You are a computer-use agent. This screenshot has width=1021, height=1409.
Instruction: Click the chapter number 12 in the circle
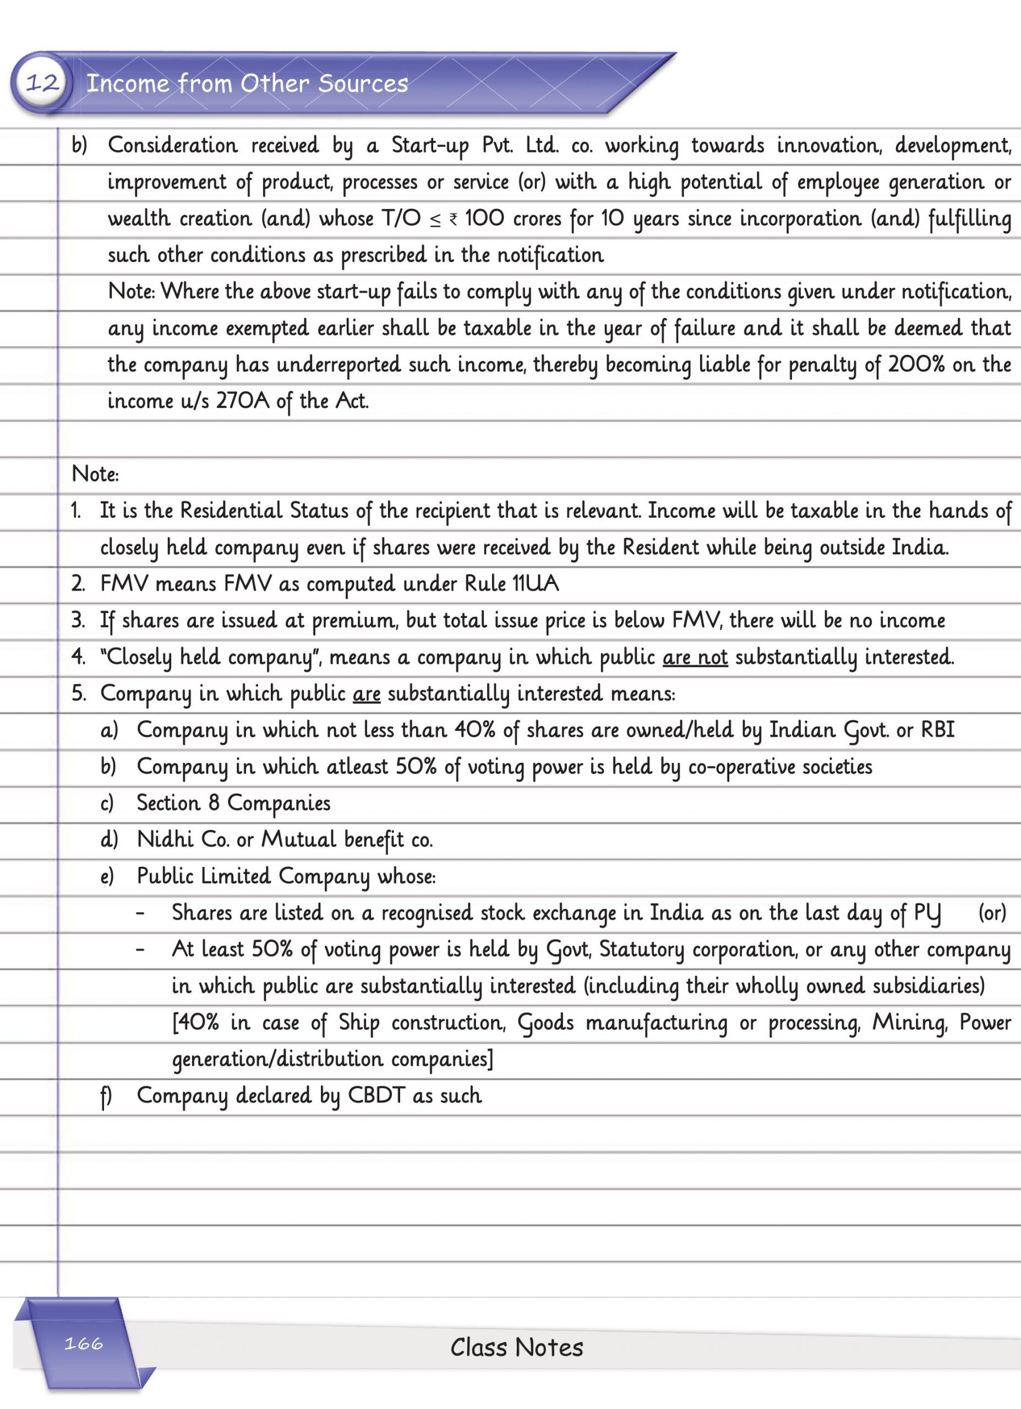42,83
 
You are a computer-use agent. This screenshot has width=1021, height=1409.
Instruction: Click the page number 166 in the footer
83,1344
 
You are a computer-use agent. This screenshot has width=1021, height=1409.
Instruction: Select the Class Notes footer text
516,1347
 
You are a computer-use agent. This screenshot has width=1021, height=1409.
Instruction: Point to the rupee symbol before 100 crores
454,219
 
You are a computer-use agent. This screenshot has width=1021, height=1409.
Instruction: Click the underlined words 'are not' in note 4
695,657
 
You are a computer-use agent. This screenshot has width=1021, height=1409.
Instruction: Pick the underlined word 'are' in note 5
367,693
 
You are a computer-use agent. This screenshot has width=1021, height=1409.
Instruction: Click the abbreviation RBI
937,729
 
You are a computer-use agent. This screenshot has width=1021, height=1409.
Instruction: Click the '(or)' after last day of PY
992,913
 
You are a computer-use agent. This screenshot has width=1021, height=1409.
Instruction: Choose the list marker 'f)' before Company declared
106,1096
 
